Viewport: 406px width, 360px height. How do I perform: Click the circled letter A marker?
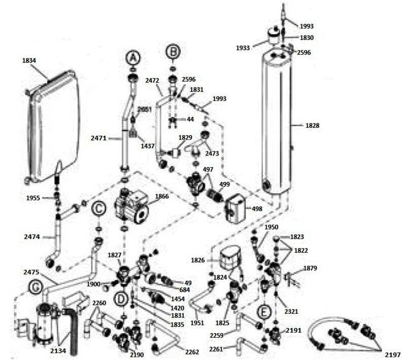(x=133, y=58)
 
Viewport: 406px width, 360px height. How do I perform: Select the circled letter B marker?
(x=174, y=52)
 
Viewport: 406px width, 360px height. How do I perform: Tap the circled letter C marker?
(x=98, y=208)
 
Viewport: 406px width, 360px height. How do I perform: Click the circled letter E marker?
(x=263, y=311)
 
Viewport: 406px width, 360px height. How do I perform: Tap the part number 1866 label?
(x=162, y=195)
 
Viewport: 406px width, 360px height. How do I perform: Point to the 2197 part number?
(x=392, y=353)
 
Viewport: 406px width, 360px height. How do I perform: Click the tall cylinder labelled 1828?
(x=277, y=124)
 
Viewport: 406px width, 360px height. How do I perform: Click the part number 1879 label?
(x=310, y=268)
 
